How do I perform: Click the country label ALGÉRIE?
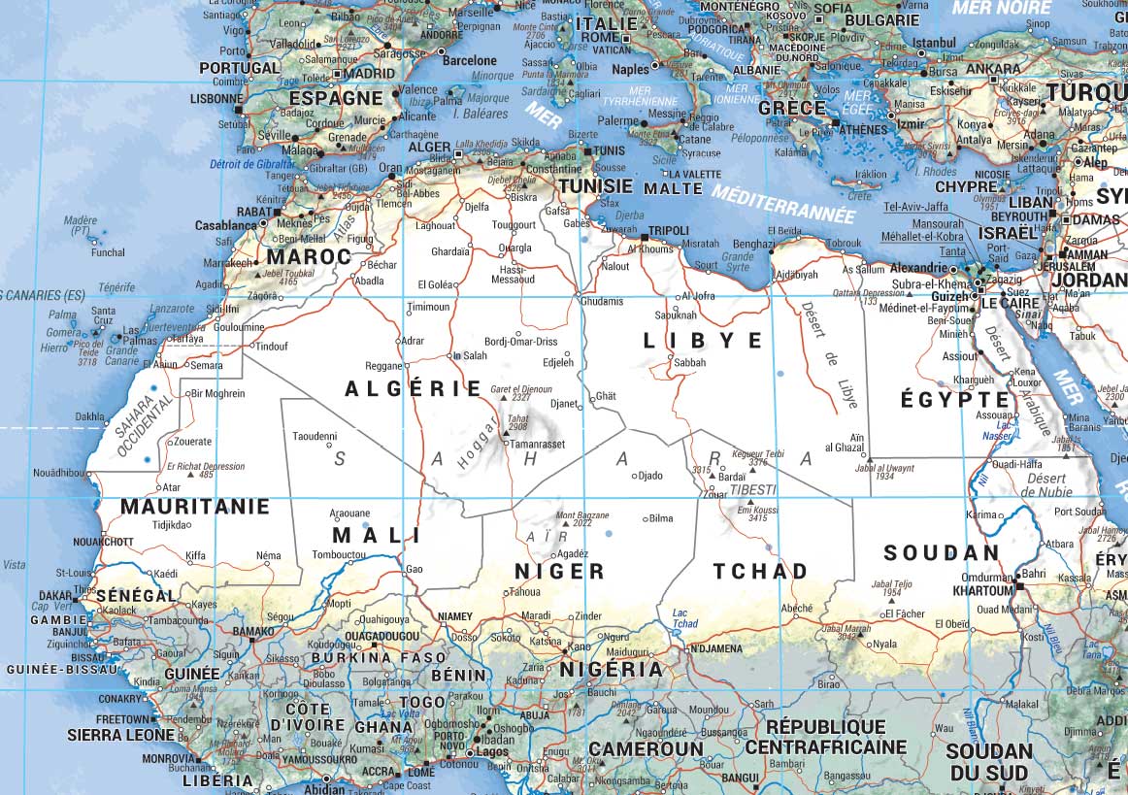click(x=414, y=389)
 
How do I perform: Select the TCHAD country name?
click(x=760, y=571)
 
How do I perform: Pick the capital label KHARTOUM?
click(x=982, y=590)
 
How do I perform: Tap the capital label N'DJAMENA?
click(x=715, y=648)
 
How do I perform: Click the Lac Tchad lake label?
click(x=685, y=617)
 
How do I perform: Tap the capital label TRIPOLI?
click(x=668, y=231)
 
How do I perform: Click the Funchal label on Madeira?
click(x=108, y=252)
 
